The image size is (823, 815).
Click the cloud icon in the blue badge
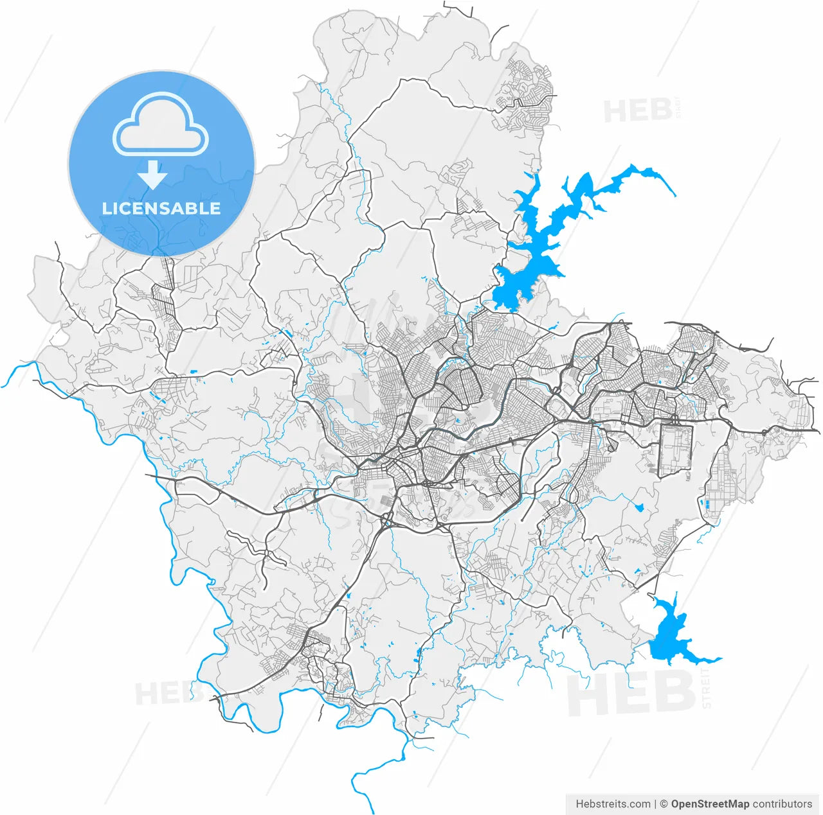click(x=161, y=125)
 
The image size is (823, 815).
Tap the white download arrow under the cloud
click(x=152, y=175)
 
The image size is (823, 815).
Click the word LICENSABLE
click(x=161, y=208)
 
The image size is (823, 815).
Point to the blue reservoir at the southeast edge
click(x=669, y=639)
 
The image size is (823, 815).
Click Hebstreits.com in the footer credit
click(x=613, y=804)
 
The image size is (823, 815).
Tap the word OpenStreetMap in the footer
click(x=710, y=804)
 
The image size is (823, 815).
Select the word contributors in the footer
click(x=782, y=804)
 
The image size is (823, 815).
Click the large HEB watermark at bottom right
click(x=630, y=694)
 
